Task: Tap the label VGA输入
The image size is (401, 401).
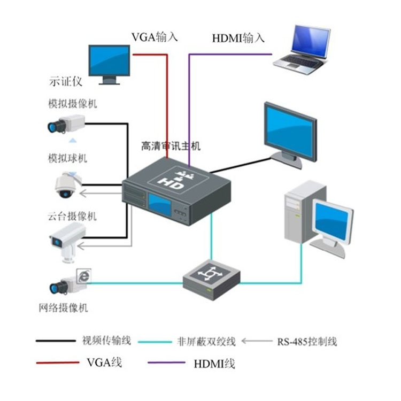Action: (x=155, y=37)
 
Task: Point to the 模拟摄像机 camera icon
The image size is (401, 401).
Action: (x=65, y=125)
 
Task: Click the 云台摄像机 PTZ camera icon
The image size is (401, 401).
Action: (x=67, y=239)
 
